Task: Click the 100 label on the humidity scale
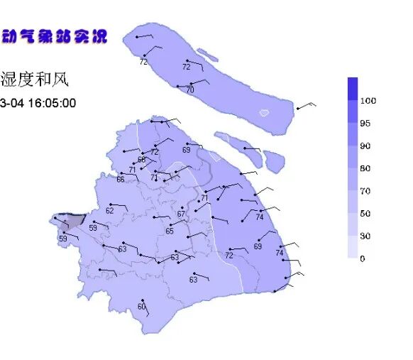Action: click(x=368, y=101)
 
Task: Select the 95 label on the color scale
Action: click(x=365, y=124)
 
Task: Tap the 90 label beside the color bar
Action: click(x=365, y=146)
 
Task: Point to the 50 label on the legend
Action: click(x=365, y=214)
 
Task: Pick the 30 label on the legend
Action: click(x=365, y=236)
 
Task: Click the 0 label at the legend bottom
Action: click(x=363, y=258)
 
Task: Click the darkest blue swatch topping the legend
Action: click(x=353, y=88)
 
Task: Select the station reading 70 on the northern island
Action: click(x=190, y=90)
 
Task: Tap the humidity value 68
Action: click(x=141, y=160)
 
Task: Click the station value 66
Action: click(x=121, y=180)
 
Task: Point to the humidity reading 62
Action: click(x=110, y=210)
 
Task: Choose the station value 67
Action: click(x=181, y=214)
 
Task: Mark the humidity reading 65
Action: click(x=170, y=231)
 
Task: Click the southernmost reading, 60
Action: click(x=141, y=307)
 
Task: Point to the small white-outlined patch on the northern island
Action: click(x=264, y=112)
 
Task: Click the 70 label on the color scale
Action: click(x=365, y=191)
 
